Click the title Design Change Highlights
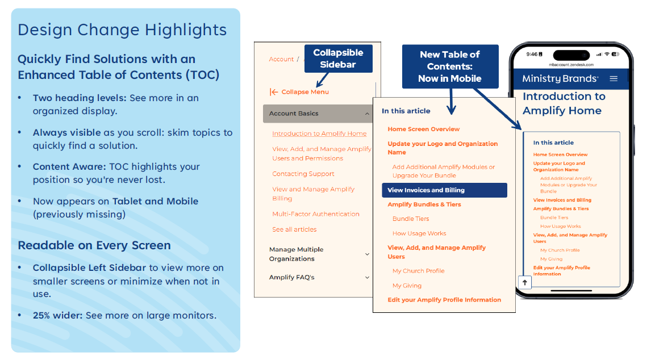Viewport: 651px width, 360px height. point(122,30)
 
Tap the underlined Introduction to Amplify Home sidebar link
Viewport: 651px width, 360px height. point(319,134)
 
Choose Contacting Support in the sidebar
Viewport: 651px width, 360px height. point(303,174)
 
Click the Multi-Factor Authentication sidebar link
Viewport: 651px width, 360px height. point(316,214)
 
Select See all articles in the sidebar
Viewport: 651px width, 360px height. point(294,229)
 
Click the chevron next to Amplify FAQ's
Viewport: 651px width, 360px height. point(367,278)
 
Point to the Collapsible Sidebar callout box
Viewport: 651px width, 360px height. point(338,58)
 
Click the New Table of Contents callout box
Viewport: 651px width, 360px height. point(450,66)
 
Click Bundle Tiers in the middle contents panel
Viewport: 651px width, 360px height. point(411,219)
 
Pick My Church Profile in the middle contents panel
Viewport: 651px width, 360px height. point(419,271)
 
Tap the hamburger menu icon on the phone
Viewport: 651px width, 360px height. point(614,78)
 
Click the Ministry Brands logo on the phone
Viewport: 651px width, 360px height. point(560,78)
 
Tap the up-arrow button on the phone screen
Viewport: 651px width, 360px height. point(525,282)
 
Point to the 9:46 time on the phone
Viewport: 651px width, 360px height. point(532,55)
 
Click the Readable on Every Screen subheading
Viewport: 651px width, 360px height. point(94,245)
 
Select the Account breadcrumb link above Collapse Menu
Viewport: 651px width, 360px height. point(281,59)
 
